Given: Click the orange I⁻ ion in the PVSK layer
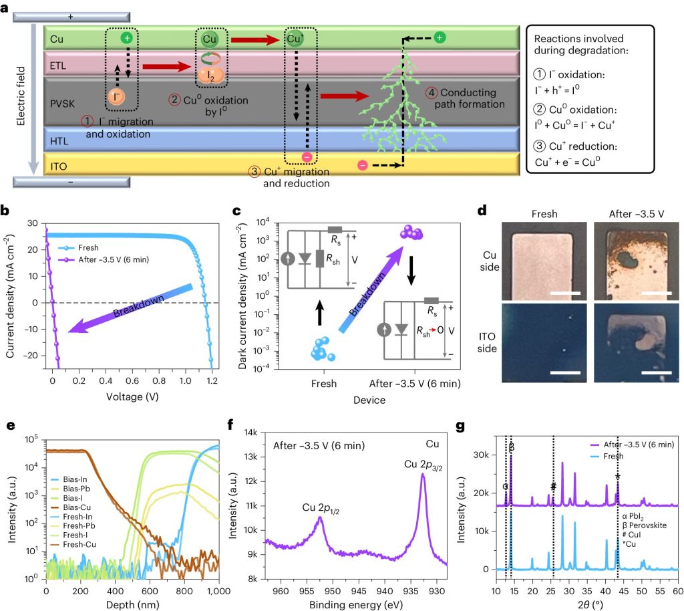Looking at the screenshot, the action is click(x=116, y=96).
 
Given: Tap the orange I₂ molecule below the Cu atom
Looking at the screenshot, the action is click(x=211, y=76).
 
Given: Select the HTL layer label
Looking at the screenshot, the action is click(x=59, y=141).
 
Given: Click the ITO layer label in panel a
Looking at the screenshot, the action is click(x=59, y=166).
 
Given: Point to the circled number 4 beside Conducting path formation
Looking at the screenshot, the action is click(x=432, y=92).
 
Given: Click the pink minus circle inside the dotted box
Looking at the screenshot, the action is click(x=307, y=157).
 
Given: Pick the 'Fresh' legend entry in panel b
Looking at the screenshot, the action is click(x=79, y=247).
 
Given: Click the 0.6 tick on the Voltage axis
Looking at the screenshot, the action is click(x=132, y=380).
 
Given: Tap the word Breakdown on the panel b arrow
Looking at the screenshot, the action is click(x=139, y=306).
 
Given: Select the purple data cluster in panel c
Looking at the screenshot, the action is click(x=411, y=232).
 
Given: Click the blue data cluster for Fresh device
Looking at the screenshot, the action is click(x=323, y=349).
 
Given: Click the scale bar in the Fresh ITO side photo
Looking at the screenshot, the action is click(x=565, y=373).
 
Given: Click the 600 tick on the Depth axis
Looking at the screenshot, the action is click(x=150, y=591).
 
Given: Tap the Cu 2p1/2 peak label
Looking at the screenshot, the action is click(x=321, y=508).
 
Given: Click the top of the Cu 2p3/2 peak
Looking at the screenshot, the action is click(x=423, y=475).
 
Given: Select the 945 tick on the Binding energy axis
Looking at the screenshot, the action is click(x=359, y=591).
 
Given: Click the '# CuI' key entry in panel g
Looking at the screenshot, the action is click(x=631, y=535).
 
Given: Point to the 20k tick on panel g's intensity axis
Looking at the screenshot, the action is click(x=481, y=493).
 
